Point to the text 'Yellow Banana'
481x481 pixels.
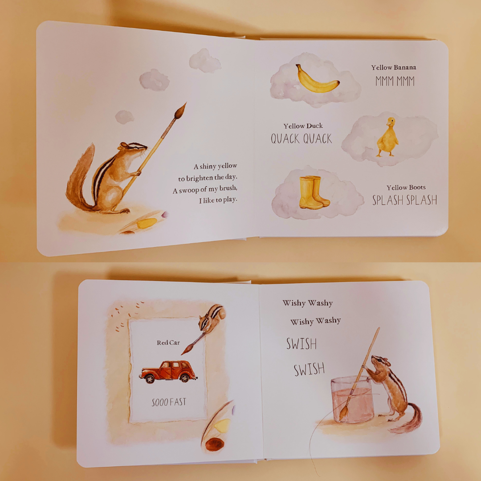tap(394, 68)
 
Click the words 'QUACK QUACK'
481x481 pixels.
tap(302, 139)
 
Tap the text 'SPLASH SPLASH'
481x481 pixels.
tap(404, 200)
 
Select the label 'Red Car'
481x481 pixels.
tap(168, 342)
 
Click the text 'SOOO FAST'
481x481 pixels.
tap(169, 403)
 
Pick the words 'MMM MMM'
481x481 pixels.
tap(395, 81)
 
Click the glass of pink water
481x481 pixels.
tap(352, 399)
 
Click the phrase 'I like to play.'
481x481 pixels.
tap(218, 200)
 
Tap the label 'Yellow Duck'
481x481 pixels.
tap(303, 126)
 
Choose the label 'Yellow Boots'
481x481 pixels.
tap(406, 188)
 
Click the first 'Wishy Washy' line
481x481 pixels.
tap(307, 303)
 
